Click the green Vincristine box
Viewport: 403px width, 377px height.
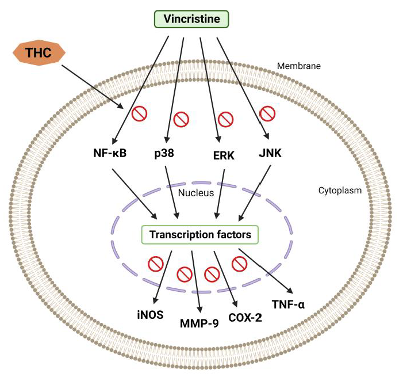point(191,19)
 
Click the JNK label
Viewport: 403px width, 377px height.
point(270,154)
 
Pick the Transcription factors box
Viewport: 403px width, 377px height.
point(199,235)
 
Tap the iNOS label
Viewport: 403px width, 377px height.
point(151,314)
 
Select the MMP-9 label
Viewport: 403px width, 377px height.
point(199,323)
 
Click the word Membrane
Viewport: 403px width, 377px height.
point(298,66)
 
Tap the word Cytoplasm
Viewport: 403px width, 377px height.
point(340,190)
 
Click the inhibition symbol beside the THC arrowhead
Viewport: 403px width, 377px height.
point(139,113)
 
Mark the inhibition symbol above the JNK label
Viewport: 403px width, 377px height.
point(266,112)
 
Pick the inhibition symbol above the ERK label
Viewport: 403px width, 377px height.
point(226,120)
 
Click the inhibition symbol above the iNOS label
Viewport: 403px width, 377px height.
point(155,264)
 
